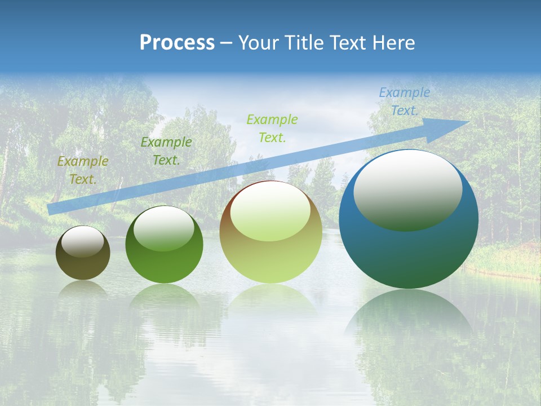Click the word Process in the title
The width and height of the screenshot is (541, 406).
coord(177,43)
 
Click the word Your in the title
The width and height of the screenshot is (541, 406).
coord(260,43)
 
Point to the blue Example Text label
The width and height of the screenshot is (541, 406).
coord(404,101)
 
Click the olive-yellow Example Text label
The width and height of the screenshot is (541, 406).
coord(83,170)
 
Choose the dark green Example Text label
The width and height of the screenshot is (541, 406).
coord(166,151)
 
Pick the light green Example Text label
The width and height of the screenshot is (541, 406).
coord(272,128)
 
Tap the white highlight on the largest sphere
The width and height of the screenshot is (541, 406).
coord(407,189)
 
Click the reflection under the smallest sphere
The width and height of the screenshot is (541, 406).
coord(83,289)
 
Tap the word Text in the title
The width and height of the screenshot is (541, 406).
coord(350,43)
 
